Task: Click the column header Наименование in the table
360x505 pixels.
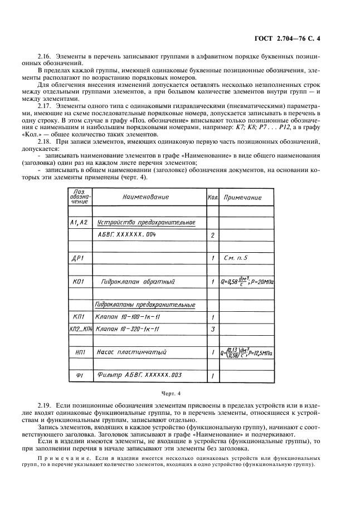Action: click(x=145, y=197)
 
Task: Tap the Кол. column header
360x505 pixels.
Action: click(x=212, y=197)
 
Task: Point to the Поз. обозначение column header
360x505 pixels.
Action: click(x=80, y=197)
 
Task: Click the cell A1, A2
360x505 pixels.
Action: click(x=80, y=222)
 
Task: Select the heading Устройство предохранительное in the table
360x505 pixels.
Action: click(x=145, y=222)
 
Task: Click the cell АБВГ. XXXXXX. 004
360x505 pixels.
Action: click(x=127, y=235)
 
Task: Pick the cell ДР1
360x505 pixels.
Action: click(x=79, y=258)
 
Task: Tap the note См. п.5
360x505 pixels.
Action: click(x=236, y=258)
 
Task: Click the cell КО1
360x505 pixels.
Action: click(x=79, y=282)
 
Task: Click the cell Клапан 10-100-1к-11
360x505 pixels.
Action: click(x=127, y=317)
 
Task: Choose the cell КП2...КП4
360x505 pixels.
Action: click(x=80, y=329)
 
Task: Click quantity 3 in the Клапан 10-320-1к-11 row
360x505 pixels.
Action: click(x=213, y=329)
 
